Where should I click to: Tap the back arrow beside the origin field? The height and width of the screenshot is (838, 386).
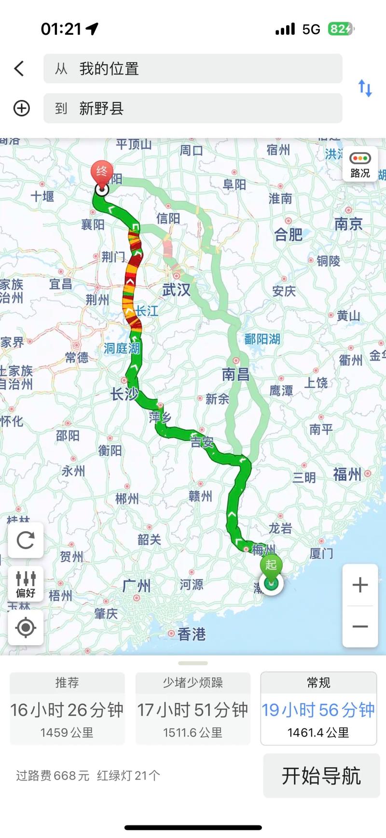(19, 69)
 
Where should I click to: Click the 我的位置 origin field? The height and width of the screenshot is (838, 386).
(193, 69)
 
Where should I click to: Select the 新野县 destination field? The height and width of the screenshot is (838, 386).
(193, 108)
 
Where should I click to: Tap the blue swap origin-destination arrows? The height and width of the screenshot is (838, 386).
(365, 88)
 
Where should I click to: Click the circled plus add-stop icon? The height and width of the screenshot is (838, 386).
(21, 108)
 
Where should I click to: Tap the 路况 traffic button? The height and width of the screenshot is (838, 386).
(360, 165)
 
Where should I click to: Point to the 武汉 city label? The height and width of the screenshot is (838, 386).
(176, 290)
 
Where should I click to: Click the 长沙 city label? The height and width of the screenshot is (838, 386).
(124, 394)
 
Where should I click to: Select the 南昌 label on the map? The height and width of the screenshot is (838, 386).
(235, 374)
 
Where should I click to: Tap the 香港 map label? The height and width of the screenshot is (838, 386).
(191, 634)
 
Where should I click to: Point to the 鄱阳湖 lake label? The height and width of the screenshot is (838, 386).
(262, 339)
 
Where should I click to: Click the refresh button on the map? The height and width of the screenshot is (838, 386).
(26, 540)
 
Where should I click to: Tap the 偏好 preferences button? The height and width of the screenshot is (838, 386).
(26, 584)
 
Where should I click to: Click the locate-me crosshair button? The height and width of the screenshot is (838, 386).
(26, 627)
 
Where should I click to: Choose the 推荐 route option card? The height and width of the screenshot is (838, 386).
(67, 708)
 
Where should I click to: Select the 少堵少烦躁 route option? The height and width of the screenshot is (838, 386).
(193, 708)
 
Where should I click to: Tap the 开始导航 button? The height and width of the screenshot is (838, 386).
(321, 776)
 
